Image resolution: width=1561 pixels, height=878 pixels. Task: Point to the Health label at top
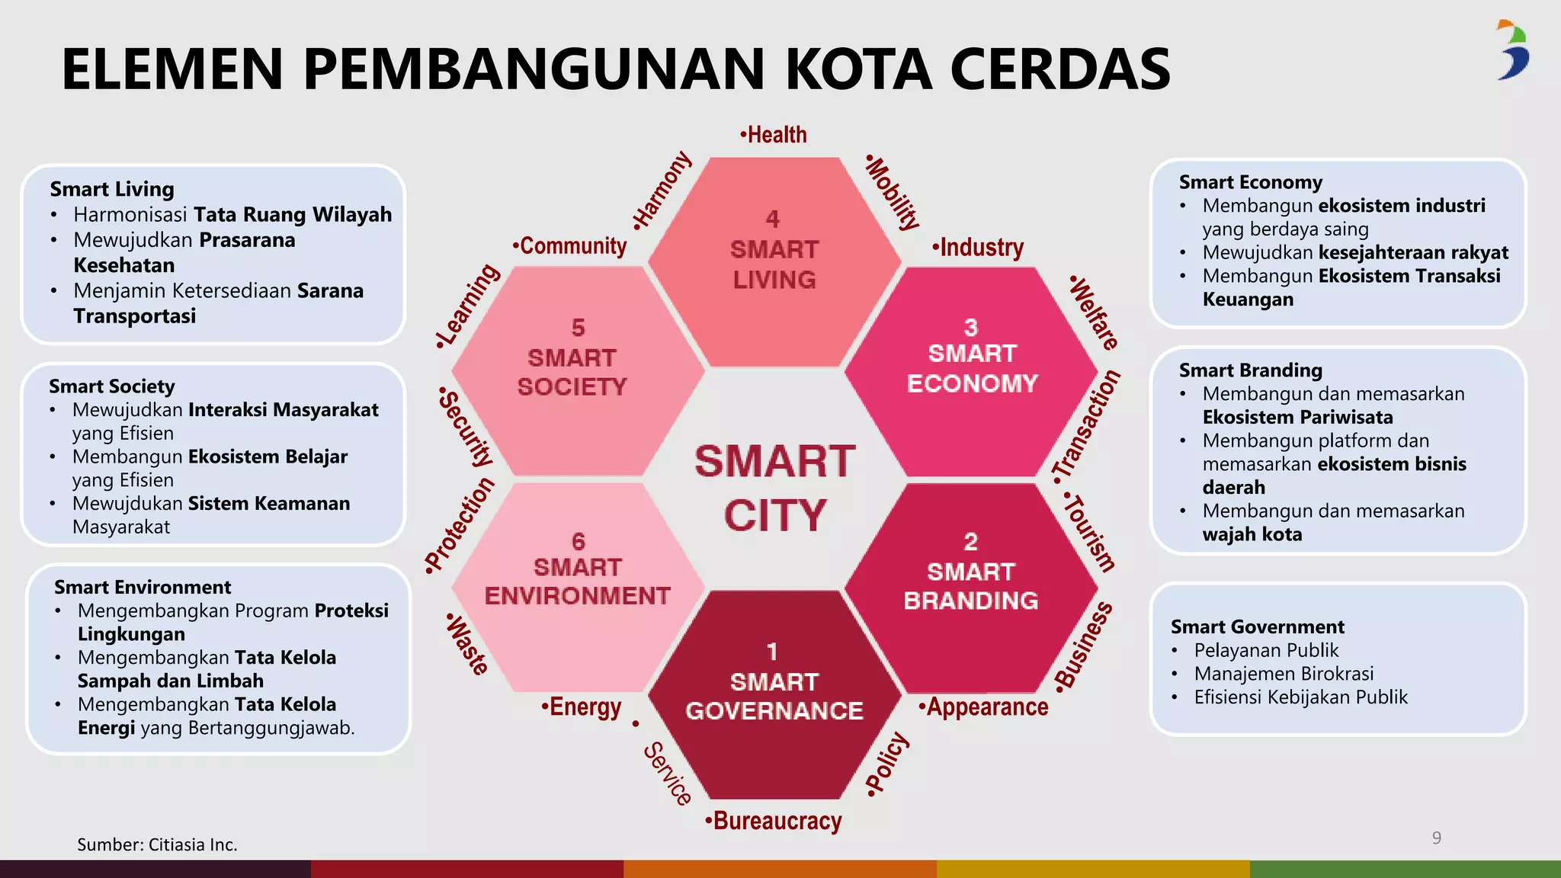point(774,135)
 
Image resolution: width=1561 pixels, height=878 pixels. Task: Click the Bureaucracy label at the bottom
point(774,821)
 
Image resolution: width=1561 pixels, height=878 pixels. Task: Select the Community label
point(569,245)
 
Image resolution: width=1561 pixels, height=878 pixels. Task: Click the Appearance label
point(983,707)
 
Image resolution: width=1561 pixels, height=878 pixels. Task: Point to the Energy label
point(582,707)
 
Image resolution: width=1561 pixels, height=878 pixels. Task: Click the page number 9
point(1436,838)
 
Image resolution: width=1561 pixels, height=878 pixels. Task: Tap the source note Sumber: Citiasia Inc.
point(157,844)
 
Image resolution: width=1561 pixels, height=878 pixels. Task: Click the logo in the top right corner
point(1512,50)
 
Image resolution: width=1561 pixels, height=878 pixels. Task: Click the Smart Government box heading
point(1257,626)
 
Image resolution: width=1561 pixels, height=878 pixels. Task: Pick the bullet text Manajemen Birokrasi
point(1284,674)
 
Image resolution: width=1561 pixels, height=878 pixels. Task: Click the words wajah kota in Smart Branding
point(1252,534)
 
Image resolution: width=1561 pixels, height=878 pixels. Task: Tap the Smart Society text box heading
point(112,386)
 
